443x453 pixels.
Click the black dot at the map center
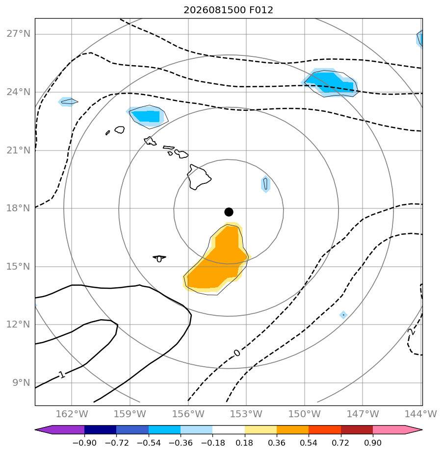pyautogui.click(x=229, y=212)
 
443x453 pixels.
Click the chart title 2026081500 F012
pyautogui.click(x=229, y=10)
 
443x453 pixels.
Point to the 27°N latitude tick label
pyautogui.click(x=18, y=34)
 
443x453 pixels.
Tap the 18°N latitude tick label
pyautogui.click(x=18, y=208)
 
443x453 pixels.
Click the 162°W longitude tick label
pyautogui.click(x=72, y=414)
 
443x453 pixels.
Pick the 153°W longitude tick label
pyautogui.click(x=246, y=414)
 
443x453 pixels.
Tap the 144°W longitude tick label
pyautogui.click(x=420, y=414)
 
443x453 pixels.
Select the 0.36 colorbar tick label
pyautogui.click(x=277, y=443)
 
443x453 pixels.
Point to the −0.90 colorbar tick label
pyautogui.click(x=84, y=443)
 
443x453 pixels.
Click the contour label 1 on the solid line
pyautogui.click(x=61, y=375)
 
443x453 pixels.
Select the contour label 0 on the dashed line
pyautogui.click(x=236, y=353)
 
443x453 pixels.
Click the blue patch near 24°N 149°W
pyautogui.click(x=330, y=82)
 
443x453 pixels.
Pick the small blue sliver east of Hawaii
pyautogui.click(x=265, y=184)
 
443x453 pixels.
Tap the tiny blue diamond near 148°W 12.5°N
pyautogui.click(x=343, y=315)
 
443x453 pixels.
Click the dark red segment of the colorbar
pyautogui.click(x=357, y=429)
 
